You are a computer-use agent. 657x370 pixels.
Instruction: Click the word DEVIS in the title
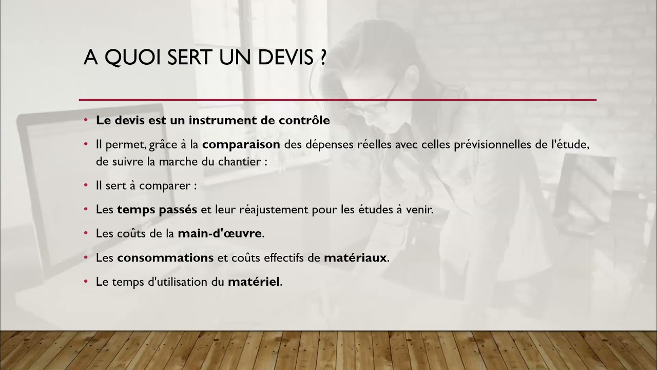tap(285, 58)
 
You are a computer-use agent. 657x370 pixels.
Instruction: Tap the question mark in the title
tap(322, 58)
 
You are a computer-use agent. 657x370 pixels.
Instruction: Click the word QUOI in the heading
tap(133, 58)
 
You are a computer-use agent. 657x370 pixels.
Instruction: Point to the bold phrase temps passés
tap(157, 210)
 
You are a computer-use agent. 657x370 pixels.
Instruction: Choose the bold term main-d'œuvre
tap(220, 233)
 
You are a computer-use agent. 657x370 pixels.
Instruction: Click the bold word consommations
tap(165, 257)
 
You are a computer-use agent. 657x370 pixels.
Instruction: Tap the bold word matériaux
tap(355, 257)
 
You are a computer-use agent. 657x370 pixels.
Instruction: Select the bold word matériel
tap(254, 282)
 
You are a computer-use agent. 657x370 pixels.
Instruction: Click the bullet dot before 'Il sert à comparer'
tap(86, 186)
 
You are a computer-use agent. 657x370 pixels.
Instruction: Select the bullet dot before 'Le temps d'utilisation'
tap(86, 282)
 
